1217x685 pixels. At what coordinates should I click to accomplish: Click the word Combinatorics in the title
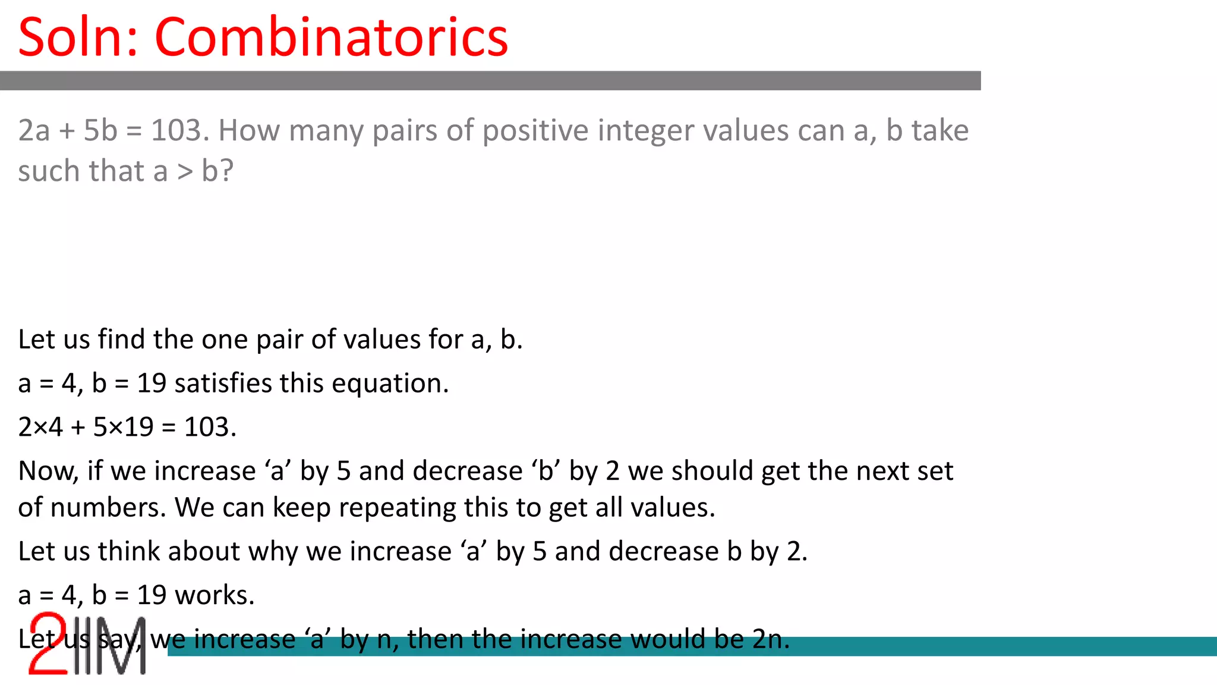click(x=331, y=37)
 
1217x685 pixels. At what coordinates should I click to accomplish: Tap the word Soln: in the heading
click(x=78, y=37)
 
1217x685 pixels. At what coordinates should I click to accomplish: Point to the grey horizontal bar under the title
click(x=490, y=81)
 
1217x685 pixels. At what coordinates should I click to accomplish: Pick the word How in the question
click(x=249, y=130)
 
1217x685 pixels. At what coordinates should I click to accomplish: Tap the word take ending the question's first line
click(x=939, y=130)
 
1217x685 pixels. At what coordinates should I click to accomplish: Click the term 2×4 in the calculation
click(x=40, y=427)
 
